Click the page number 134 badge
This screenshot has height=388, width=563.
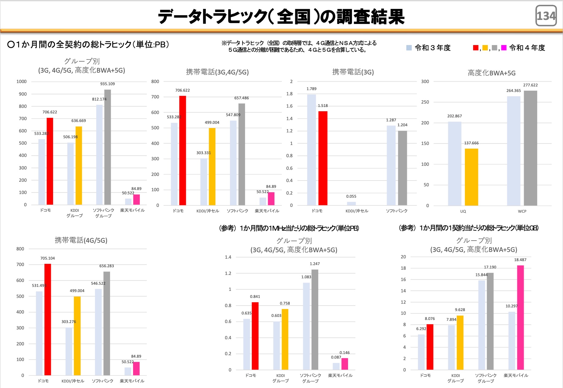(546, 16)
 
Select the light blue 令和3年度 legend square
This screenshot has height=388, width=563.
(409, 48)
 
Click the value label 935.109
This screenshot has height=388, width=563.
(107, 84)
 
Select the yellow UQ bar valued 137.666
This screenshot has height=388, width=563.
(471, 177)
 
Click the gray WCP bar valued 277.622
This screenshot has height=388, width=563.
(530, 148)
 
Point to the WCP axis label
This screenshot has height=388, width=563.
(522, 211)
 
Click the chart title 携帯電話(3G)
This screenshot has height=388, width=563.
(353, 72)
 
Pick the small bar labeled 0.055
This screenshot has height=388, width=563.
(351, 203)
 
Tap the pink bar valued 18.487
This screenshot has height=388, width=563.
(520, 317)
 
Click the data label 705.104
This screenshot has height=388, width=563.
(48, 258)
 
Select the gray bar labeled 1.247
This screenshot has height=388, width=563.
(315, 319)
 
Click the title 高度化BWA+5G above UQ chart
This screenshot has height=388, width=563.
(491, 73)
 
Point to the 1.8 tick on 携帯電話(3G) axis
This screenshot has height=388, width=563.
(289, 94)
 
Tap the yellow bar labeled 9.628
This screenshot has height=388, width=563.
(460, 342)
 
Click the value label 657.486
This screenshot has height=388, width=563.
(241, 98)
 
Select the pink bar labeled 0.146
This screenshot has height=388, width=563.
(345, 364)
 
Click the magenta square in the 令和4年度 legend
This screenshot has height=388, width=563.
(504, 48)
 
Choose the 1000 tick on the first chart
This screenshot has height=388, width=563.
(21, 82)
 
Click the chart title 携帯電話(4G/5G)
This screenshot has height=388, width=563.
(81, 240)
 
